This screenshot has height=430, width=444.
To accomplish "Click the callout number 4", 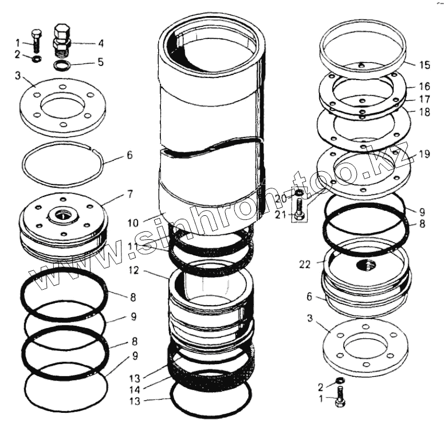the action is (x=101, y=44).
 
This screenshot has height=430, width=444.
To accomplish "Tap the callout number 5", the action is (x=101, y=62).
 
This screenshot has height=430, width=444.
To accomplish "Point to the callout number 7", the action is (x=130, y=194).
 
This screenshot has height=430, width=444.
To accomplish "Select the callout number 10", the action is (x=133, y=223).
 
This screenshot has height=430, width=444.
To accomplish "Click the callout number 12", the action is (x=133, y=271).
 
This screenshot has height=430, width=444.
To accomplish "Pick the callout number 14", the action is (x=135, y=390).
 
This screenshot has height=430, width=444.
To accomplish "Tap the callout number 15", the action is (x=425, y=65).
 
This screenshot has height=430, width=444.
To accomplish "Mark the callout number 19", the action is (x=424, y=154).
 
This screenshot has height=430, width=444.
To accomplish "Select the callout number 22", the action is (x=305, y=265).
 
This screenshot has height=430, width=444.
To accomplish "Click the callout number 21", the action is (x=281, y=215).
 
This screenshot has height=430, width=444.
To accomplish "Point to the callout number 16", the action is (x=425, y=86).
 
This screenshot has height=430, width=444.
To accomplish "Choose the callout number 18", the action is (x=425, y=112).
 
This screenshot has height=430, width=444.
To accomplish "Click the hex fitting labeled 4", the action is (x=62, y=41).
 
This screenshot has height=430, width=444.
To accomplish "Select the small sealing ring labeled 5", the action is (x=62, y=66).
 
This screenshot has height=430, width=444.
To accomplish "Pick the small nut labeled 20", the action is (x=299, y=194).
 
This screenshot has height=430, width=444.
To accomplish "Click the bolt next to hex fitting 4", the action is (x=37, y=41).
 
